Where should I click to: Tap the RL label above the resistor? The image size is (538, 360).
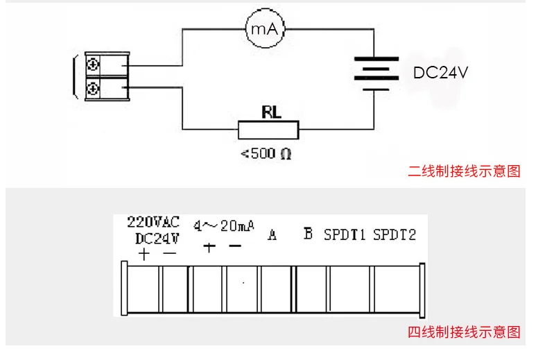point(271,112)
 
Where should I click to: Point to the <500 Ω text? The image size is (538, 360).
point(266,153)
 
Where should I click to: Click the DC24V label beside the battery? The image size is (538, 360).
point(440,72)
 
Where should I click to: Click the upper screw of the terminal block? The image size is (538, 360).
point(93,65)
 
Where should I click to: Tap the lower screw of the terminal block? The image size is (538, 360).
point(93,89)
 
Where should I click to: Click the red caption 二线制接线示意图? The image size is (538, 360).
point(465,171)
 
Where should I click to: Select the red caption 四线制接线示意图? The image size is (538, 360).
point(465,332)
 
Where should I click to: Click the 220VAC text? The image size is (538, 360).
point(153,222)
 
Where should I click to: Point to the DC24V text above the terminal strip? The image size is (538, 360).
point(157,238)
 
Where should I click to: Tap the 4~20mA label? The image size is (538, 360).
point(224,225)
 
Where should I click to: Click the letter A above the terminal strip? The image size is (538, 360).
point(272,234)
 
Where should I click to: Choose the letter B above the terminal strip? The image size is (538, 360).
point(308,234)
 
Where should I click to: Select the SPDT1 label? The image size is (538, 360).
point(345,234)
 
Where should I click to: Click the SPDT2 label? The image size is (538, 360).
point(394,234)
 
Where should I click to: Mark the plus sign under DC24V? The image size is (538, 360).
point(144,255)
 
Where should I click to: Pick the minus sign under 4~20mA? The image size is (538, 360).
point(235,246)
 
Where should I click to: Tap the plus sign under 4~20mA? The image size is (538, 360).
point(209,246)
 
